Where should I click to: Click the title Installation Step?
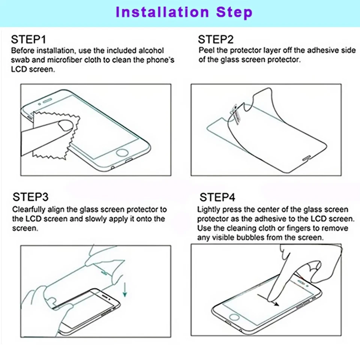coord(184,12)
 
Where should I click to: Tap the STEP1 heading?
coord(28,39)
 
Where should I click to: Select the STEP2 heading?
coord(216,39)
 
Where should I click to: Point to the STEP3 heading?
coord(30,197)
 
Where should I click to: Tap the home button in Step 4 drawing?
coord(234,317)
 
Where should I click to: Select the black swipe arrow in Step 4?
coord(268,299)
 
